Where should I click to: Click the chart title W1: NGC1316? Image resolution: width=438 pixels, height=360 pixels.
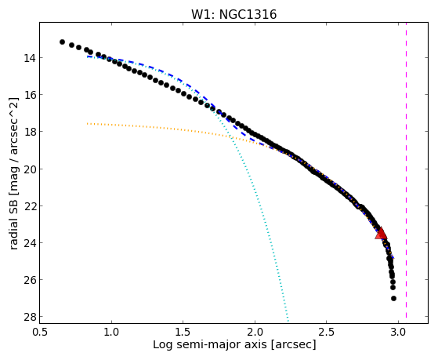pyautogui.click(x=233, y=14)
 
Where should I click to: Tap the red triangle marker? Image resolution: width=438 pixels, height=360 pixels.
pyautogui.click(x=381, y=234)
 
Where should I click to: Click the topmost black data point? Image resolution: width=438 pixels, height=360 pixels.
pyautogui.click(x=63, y=42)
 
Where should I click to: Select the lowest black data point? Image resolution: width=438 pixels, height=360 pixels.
pyautogui.click(x=393, y=299)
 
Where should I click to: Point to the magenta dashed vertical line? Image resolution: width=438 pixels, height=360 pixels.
pyautogui.click(x=406, y=170)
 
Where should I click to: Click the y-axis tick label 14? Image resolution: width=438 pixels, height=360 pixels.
pyautogui.click(x=29, y=58)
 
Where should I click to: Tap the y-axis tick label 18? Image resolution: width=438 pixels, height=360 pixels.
pyautogui.click(x=29, y=132)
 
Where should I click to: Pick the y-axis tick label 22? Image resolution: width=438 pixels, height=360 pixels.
pyautogui.click(x=29, y=205)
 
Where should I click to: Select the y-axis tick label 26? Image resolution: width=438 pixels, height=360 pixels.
pyautogui.click(x=29, y=280)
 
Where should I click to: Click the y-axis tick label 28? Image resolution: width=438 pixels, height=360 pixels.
pyautogui.click(x=29, y=317)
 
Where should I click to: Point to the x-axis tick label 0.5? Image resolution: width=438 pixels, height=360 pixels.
pyautogui.click(x=40, y=332)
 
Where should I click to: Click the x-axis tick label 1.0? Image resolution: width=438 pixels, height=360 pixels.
pyautogui.click(x=111, y=332)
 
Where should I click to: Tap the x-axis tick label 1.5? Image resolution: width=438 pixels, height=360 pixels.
pyautogui.click(x=183, y=332)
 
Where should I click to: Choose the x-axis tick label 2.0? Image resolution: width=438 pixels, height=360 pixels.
pyautogui.click(x=255, y=332)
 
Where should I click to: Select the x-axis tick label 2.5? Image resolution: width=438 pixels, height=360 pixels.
pyautogui.click(x=327, y=332)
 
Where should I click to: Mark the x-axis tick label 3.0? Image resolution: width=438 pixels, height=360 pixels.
pyautogui.click(x=398, y=332)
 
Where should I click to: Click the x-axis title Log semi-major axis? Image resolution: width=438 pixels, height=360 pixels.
pyautogui.click(x=210, y=344)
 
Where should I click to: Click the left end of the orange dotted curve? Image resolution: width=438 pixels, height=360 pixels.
pyautogui.click(x=88, y=123)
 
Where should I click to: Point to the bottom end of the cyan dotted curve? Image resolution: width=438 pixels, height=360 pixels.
pyautogui.click(x=288, y=320)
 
